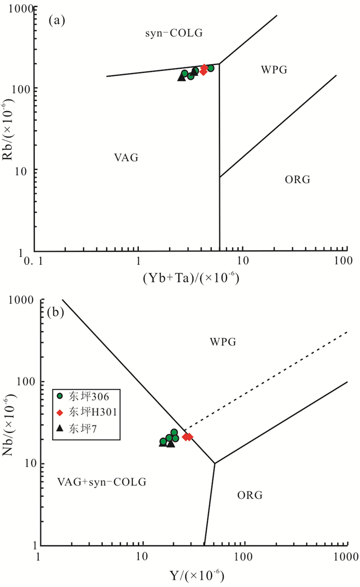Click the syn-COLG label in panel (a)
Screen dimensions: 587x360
coord(174,33)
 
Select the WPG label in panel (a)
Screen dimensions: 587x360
coord(273,69)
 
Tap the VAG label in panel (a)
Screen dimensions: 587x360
coord(127,157)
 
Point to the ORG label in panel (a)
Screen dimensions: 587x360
coord(298,180)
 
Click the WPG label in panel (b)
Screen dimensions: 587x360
coord(223,342)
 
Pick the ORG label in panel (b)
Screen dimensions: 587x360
coord(250,495)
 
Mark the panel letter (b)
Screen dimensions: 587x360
coord(55,312)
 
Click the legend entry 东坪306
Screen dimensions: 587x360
coord(85,397)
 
